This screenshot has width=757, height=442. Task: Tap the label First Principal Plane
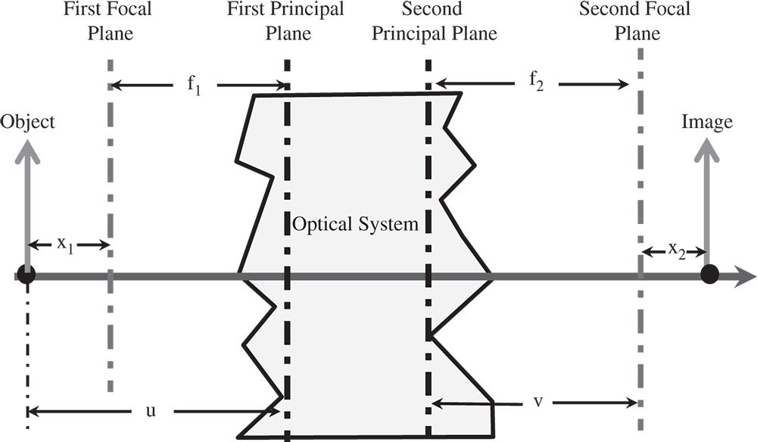click(286, 22)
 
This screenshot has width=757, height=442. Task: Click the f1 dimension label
click(195, 84)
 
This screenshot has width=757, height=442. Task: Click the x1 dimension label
click(67, 244)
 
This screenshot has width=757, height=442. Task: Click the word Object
click(28, 121)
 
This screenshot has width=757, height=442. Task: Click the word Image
click(707, 121)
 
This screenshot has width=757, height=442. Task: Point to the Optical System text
click(356, 224)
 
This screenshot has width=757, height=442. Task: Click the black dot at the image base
click(709, 274)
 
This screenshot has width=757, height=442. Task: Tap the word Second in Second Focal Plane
click(607, 11)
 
